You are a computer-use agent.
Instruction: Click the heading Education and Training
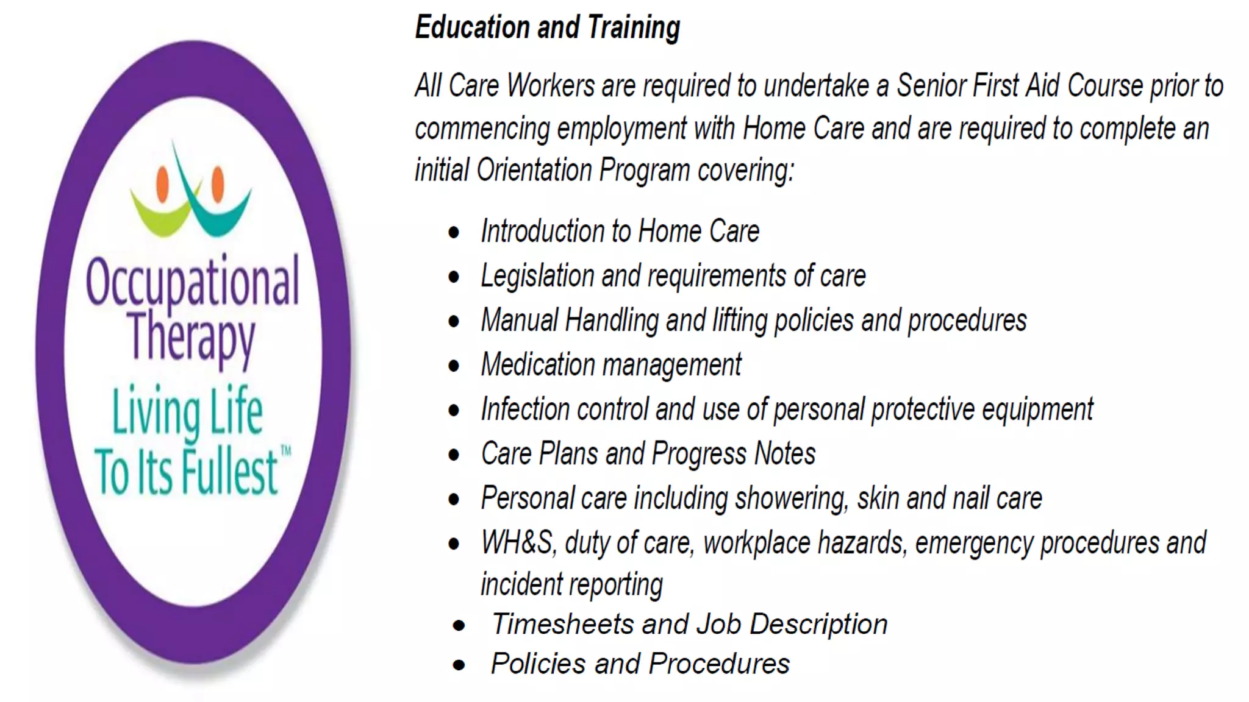(x=547, y=28)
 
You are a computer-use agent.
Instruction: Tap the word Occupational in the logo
(x=192, y=282)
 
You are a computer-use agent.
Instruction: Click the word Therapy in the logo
(x=191, y=337)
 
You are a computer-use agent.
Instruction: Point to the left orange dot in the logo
(x=162, y=183)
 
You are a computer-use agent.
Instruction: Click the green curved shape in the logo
(x=160, y=218)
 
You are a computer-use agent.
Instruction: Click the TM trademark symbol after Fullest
(x=285, y=452)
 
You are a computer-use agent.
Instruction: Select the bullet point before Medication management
(x=454, y=366)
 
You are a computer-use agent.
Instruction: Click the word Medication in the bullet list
(x=537, y=365)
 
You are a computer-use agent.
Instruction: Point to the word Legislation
(x=537, y=276)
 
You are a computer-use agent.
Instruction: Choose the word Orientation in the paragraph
(x=534, y=170)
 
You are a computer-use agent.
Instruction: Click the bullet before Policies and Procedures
(x=459, y=665)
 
